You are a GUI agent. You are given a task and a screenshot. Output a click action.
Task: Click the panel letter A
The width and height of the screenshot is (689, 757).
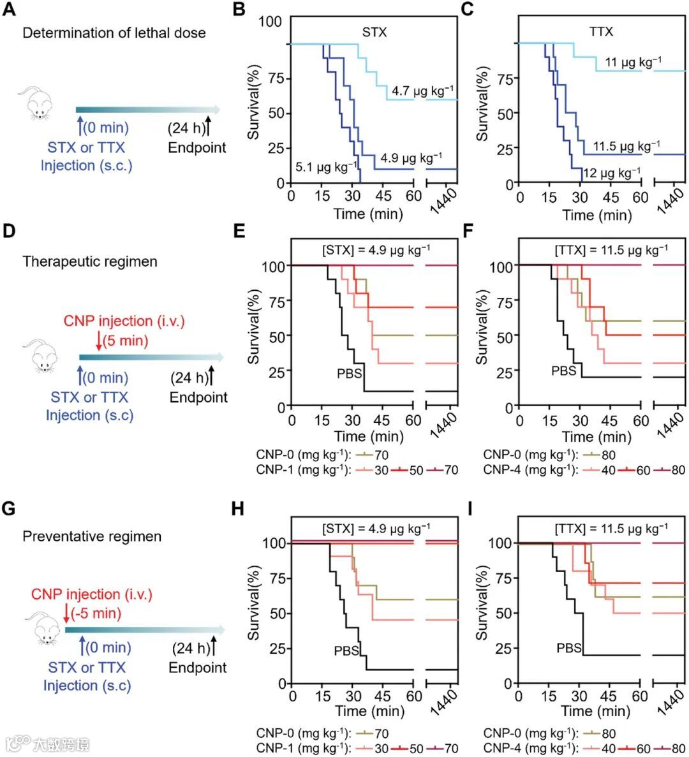click(9, 11)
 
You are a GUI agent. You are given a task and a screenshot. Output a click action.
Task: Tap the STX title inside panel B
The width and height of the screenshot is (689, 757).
click(374, 32)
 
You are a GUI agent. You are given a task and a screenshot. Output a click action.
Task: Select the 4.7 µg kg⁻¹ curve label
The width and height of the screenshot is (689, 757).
click(423, 91)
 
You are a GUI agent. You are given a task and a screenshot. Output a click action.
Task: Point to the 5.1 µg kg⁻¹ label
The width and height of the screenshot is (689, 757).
click(326, 168)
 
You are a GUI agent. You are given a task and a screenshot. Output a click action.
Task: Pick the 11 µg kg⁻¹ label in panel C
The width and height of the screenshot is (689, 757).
click(633, 63)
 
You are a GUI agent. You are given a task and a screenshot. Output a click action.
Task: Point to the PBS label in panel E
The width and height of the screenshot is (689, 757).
click(350, 373)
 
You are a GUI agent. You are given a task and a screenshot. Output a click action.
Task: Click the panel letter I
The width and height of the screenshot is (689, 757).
click(470, 510)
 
